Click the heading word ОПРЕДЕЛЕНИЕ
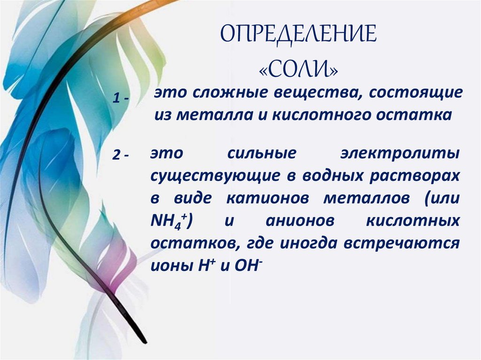299,35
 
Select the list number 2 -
121,156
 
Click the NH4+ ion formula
168,221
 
